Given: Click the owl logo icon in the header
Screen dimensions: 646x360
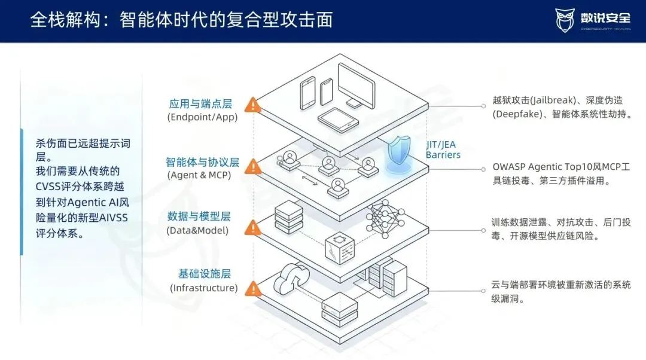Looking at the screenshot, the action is click(565, 20).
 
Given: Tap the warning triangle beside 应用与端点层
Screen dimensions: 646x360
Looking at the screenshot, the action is click(253, 105).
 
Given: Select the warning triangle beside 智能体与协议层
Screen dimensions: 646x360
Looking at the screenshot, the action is click(253, 167).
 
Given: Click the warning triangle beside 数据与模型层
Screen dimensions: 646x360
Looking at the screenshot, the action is click(253, 228).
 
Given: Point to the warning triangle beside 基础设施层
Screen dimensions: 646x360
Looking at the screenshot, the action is click(253, 289).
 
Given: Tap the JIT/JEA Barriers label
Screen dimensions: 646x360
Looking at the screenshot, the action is click(443, 150).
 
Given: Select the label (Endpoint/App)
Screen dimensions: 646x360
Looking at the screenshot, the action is click(202, 117).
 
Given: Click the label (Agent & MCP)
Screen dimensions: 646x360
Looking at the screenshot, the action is click(199, 175).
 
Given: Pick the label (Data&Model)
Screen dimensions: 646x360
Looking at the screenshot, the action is click(197, 230).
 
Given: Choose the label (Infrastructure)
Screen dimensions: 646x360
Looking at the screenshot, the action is click(204, 288).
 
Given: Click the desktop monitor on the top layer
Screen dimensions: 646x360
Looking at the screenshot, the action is click(356, 86).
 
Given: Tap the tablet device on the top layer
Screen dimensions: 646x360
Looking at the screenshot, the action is click(339, 120).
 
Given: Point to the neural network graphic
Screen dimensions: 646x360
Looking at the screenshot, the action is click(385, 219).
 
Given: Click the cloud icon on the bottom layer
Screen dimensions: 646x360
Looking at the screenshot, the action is click(291, 279).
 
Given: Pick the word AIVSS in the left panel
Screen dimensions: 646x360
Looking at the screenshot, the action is click(114, 218).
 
